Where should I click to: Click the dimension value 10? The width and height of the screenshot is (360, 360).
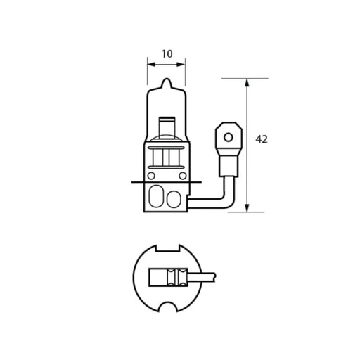[x=167, y=53]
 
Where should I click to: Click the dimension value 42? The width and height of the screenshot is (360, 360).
[x=262, y=139]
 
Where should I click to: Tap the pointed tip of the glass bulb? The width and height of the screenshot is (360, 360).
[x=167, y=82]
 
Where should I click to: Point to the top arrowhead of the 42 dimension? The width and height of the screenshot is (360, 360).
[x=247, y=83]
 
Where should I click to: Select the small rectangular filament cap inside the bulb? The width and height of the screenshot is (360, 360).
[x=167, y=126]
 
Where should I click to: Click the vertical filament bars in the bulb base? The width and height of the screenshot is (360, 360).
[x=167, y=157]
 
